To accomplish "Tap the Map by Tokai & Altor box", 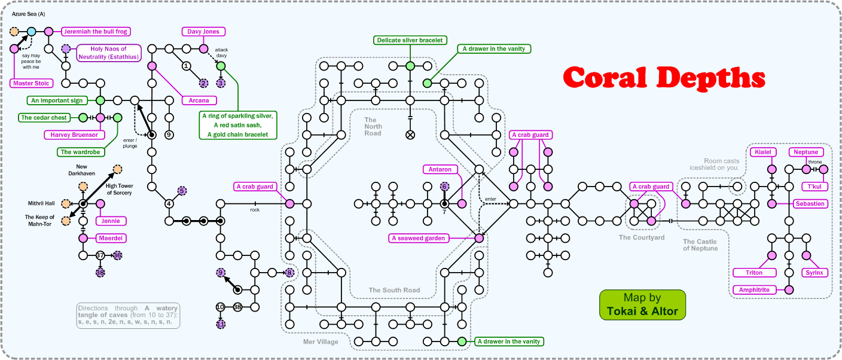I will pyautogui.click(x=642, y=304).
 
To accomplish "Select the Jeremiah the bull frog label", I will pyautogui.click(x=96, y=31).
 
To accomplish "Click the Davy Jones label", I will pyautogui.click(x=203, y=31).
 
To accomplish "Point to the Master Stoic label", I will pyautogui.click(x=31, y=83).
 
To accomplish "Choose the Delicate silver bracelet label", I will pyautogui.click(x=410, y=40).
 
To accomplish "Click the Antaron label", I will pyautogui.click(x=440, y=169).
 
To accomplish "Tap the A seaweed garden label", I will pyautogui.click(x=419, y=238).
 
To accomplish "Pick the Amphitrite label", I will pyautogui.click(x=753, y=290).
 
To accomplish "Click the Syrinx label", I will pyautogui.click(x=814, y=273).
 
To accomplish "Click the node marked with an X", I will pyautogui.click(x=410, y=135).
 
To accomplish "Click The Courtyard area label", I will pyautogui.click(x=642, y=237).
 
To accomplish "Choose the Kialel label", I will pyautogui.click(x=763, y=152).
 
